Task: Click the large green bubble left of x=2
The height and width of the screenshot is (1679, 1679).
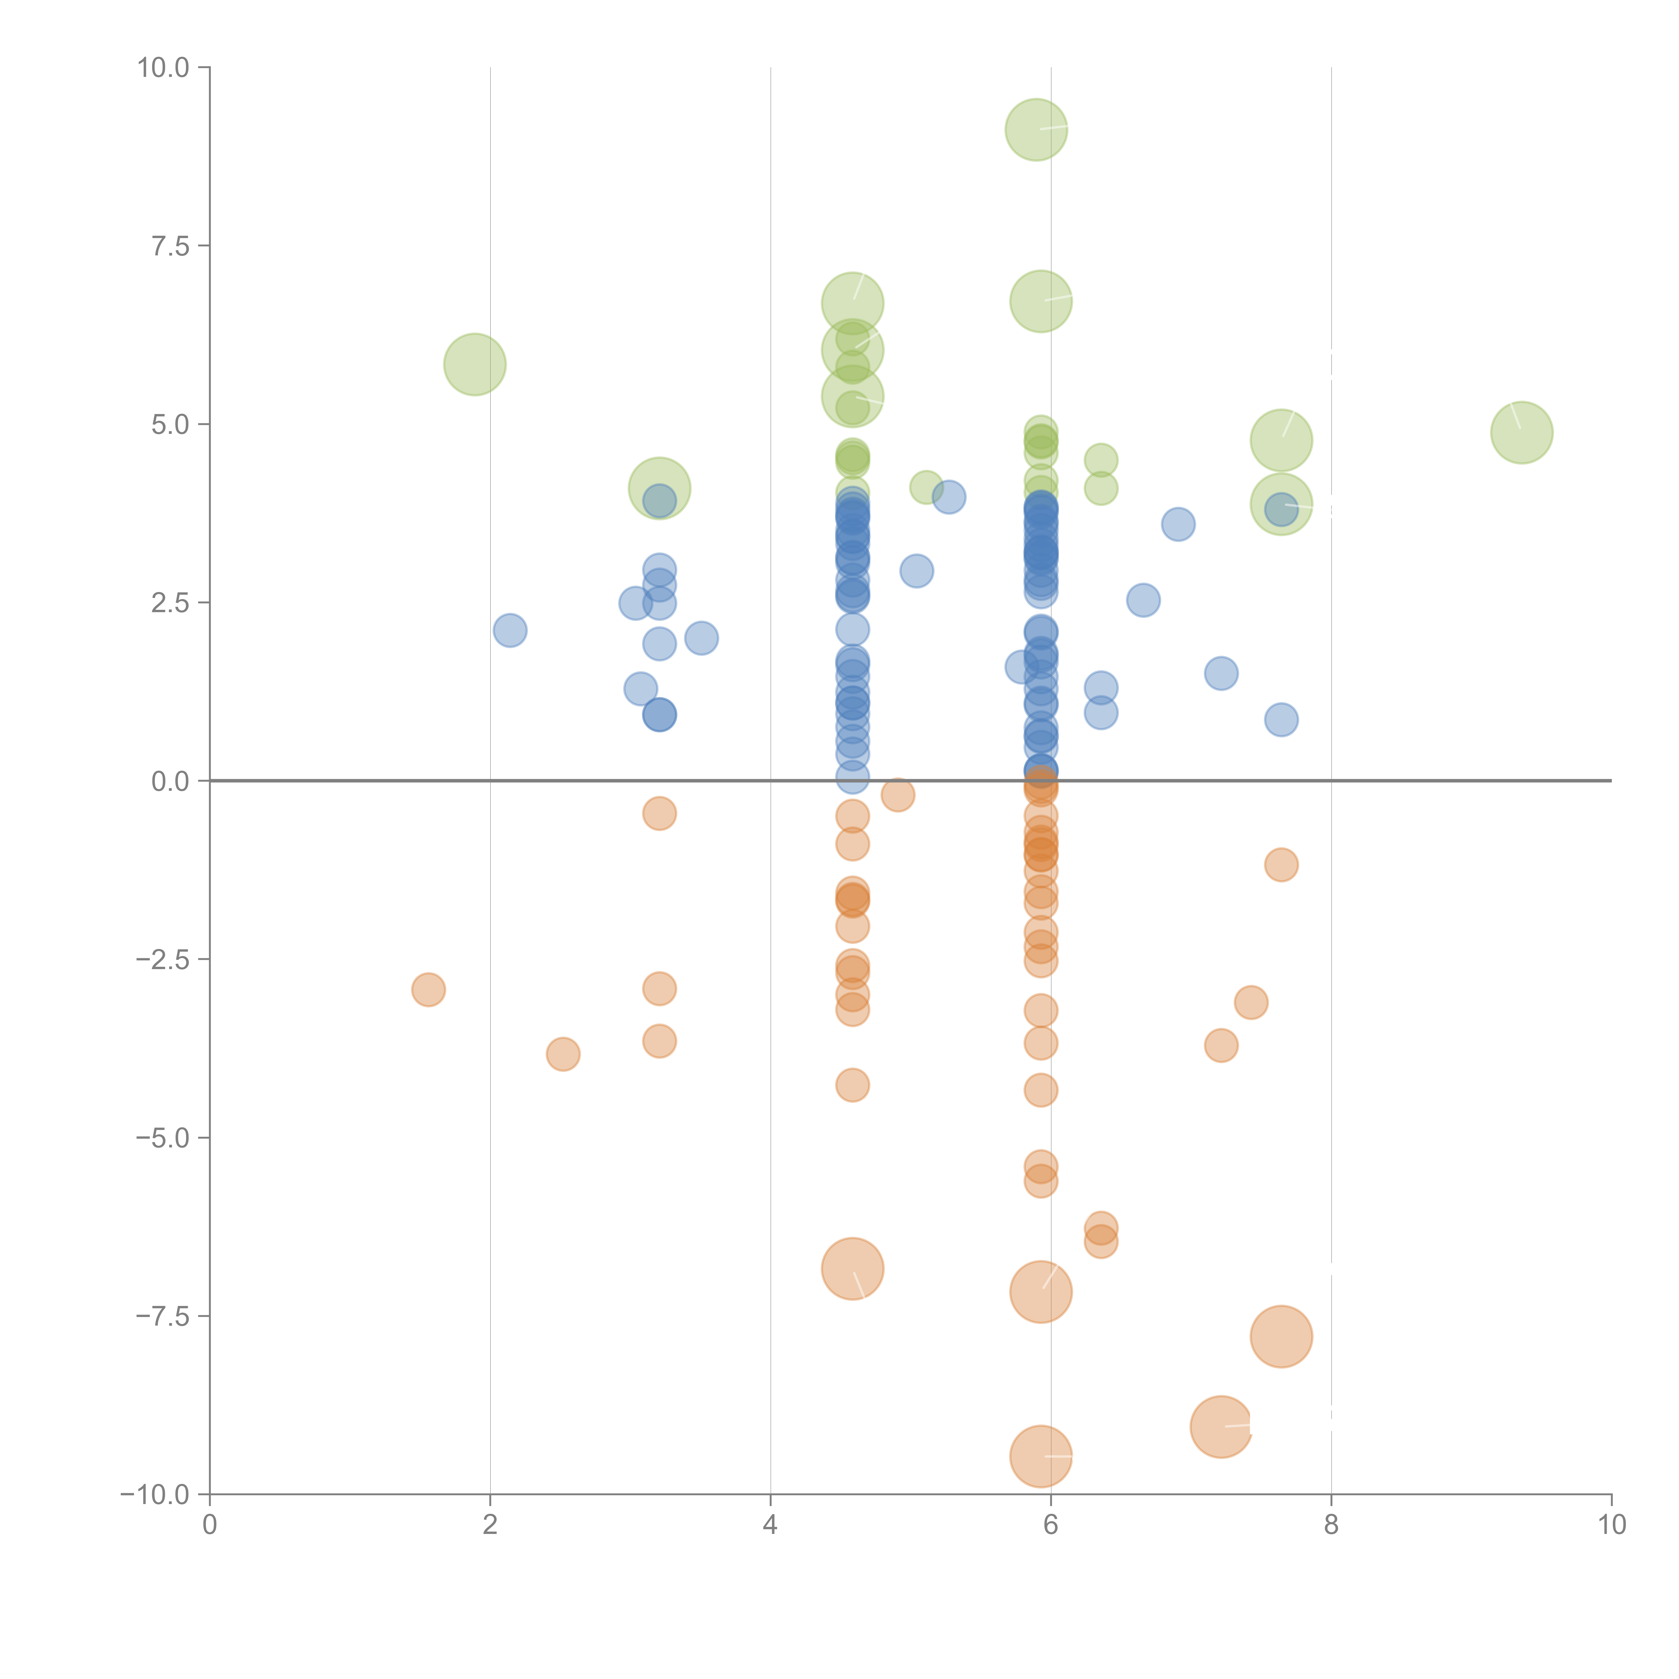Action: tap(474, 364)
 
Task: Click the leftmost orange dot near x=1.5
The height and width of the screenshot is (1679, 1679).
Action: tap(428, 989)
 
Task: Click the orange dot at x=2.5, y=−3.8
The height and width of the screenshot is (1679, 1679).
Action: tap(563, 1054)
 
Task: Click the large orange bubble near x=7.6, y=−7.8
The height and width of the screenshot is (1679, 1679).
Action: tap(1281, 1336)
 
